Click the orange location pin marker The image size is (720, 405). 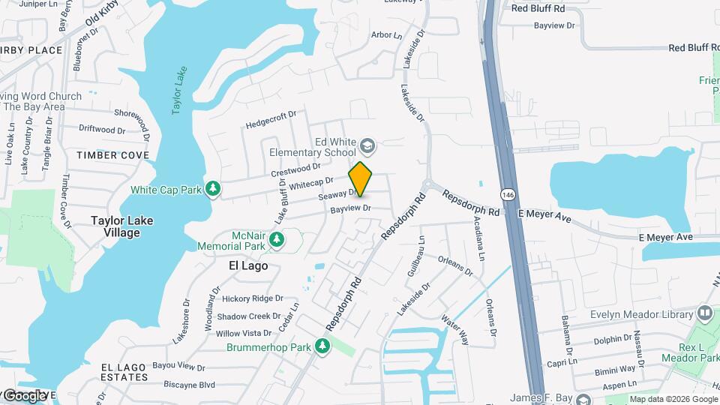361,179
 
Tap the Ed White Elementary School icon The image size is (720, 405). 367,144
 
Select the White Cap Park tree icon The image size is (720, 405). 213,189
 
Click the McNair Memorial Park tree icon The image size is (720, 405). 277,239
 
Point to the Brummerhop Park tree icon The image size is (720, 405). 322,346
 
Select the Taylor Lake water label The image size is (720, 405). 179,91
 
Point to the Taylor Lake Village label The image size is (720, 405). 115,226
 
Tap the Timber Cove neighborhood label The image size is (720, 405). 112,155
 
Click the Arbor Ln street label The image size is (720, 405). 387,35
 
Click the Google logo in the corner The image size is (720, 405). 25,395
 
